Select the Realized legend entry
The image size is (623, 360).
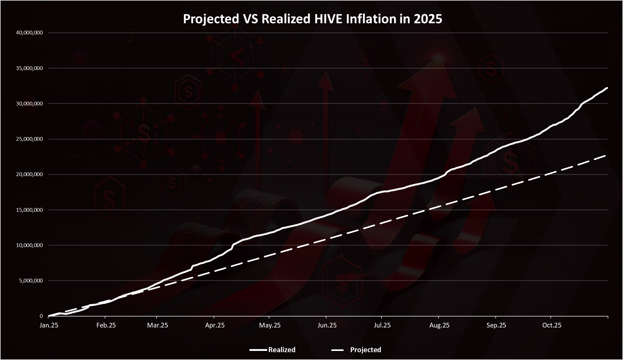pyautogui.click(x=281, y=350)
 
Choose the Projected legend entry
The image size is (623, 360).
pyautogui.click(x=365, y=350)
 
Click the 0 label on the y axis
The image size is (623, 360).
pyautogui.click(x=41, y=316)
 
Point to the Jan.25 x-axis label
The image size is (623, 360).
pyautogui.click(x=49, y=325)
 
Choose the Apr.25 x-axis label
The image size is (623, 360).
pyautogui.click(x=215, y=325)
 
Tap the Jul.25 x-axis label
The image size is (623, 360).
pyautogui.click(x=382, y=325)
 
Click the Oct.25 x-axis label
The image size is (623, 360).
pyautogui.click(x=552, y=325)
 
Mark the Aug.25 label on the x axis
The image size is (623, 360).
pyautogui.click(x=439, y=325)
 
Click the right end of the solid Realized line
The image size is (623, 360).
pyautogui.click(x=607, y=88)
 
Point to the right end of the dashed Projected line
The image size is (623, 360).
pyautogui.click(x=606, y=155)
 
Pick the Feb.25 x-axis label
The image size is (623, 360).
pyautogui.click(x=106, y=325)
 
